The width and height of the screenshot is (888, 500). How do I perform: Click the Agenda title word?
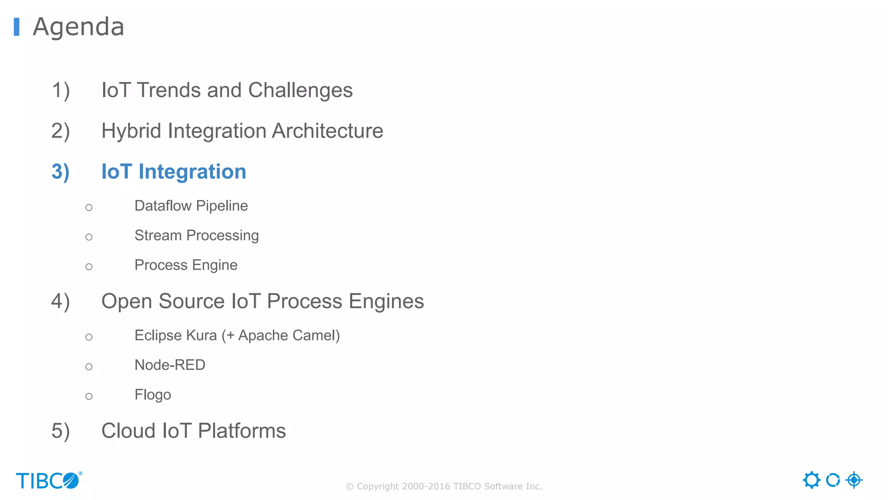tap(78, 27)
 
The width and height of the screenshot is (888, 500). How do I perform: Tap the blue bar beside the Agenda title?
tap(16, 27)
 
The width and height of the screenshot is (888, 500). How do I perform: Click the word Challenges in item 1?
tap(300, 90)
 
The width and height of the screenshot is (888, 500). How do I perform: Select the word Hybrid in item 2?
tap(131, 131)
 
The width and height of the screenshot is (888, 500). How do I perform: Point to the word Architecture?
tap(327, 131)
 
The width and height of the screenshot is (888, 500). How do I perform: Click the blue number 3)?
tap(60, 172)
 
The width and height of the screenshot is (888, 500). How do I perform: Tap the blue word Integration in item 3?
tap(192, 172)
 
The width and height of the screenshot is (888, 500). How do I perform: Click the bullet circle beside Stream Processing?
tap(89, 237)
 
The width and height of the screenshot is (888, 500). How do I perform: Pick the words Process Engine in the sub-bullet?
tap(186, 265)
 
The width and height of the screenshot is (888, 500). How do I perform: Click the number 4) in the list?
tap(60, 301)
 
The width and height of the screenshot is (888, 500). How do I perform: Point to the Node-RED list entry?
tap(170, 365)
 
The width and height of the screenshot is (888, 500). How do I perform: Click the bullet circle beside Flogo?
tap(89, 396)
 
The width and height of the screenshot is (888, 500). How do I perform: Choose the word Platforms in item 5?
tap(242, 431)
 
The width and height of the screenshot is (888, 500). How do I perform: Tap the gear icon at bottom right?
tap(811, 480)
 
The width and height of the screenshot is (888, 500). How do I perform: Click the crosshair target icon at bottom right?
tap(854, 480)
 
